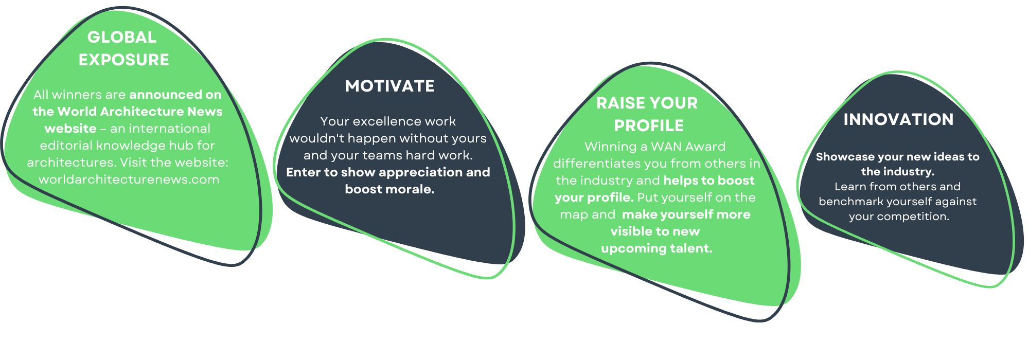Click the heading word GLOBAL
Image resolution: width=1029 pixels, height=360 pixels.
click(x=122, y=37)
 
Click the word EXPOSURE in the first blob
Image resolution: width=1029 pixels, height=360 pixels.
click(x=124, y=60)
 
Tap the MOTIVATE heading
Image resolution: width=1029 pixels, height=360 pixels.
click(x=390, y=86)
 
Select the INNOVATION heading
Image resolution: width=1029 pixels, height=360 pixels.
click(x=898, y=119)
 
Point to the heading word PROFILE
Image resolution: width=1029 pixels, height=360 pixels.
click(x=649, y=125)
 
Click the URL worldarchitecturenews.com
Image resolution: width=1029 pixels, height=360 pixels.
click(x=129, y=179)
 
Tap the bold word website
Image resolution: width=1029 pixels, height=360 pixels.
click(x=70, y=129)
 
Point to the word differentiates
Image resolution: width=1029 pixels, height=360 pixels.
click(x=596, y=164)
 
